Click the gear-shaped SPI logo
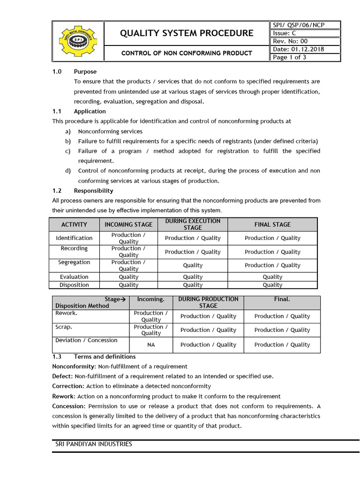click(x=78, y=41)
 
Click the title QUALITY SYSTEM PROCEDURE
click(x=187, y=33)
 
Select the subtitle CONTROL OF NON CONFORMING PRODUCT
click(x=187, y=53)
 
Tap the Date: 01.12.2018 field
click(x=298, y=49)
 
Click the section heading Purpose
click(x=85, y=72)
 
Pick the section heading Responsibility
click(x=93, y=191)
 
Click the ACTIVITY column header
click(x=74, y=225)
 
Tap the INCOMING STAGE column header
click(x=128, y=225)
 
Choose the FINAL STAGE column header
click(x=272, y=225)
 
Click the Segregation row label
click(x=74, y=262)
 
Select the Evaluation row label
click(x=74, y=277)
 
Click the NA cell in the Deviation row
click(x=151, y=345)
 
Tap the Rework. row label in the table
click(x=66, y=313)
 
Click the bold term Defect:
click(x=62, y=376)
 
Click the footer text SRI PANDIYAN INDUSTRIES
click(x=94, y=444)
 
